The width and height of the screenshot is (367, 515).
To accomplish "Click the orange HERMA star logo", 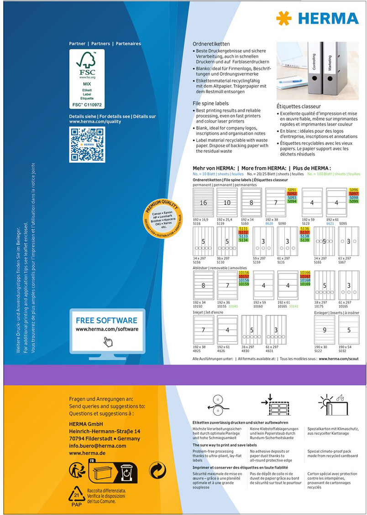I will coord(283,18).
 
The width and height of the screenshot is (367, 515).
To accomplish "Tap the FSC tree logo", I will coord(87,62).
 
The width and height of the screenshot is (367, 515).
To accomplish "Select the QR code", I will coord(87,144).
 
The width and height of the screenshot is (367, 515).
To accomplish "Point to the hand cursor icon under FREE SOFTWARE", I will coord(108,341).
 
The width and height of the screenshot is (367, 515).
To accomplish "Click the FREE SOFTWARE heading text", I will coord(106,320).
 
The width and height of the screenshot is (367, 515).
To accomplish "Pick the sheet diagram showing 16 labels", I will coord(203,202).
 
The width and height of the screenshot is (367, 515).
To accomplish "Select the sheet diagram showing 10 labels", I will coord(227,202).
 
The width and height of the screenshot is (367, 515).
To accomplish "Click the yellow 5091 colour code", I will coord(292,190).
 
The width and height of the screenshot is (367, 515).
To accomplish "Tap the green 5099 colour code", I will coord(353,201).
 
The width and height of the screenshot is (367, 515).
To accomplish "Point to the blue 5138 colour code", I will coord(305,236).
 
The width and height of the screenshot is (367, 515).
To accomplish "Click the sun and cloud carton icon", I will coord(332,405).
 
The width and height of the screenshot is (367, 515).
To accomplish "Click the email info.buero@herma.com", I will coord(97,445).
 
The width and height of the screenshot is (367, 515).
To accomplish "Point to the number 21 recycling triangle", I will coord(76,494).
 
